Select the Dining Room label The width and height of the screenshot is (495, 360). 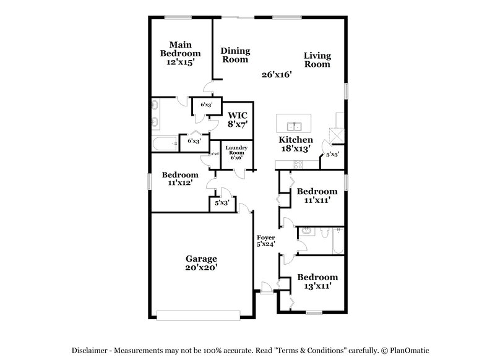(x=235, y=55)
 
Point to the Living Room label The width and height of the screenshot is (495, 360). (x=317, y=59)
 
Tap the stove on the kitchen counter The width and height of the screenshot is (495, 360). (x=298, y=164)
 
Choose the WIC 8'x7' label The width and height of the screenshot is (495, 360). (x=238, y=119)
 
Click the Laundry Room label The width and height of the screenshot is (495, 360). (x=237, y=152)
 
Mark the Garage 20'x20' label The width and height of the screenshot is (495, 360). (x=202, y=264)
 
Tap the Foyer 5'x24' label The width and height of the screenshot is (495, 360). (x=266, y=241)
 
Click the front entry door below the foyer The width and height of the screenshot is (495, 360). (x=265, y=288)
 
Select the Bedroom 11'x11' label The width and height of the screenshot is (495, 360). (x=317, y=195)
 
